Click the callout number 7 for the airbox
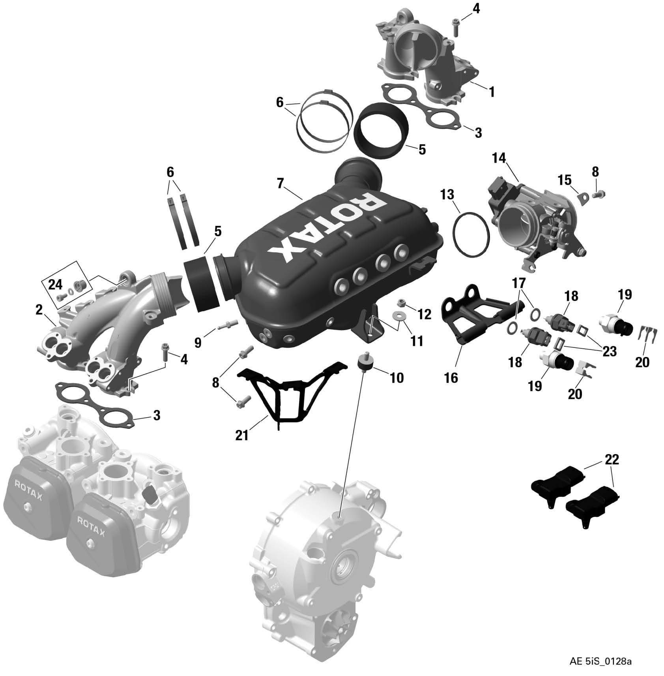coord(280,184)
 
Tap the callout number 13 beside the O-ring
coord(447,195)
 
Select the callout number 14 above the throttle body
coord(499,158)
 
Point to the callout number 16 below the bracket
coord(451,378)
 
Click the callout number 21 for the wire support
coord(242,435)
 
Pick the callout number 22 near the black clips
coord(612,459)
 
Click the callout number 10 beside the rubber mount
coord(397,378)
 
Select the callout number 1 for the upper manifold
coord(491,92)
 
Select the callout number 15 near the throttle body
coord(564,180)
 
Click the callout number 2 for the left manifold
coord(39,310)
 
